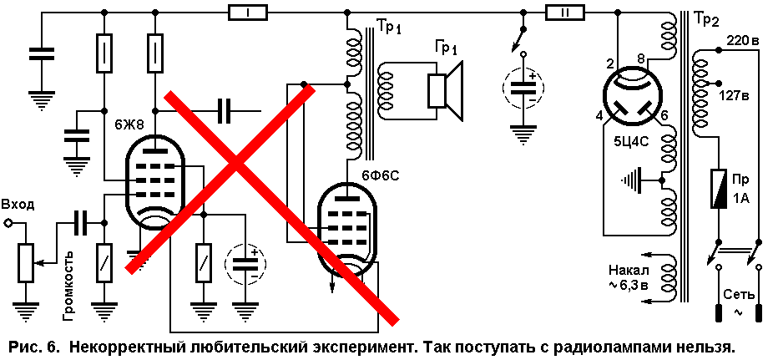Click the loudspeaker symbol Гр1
(445, 91)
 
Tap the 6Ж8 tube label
(129, 125)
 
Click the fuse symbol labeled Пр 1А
(718, 189)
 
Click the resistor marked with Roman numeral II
(564, 13)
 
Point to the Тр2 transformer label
(706, 19)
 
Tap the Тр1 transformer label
(389, 27)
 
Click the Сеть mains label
(738, 295)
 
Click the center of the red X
(237, 163)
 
